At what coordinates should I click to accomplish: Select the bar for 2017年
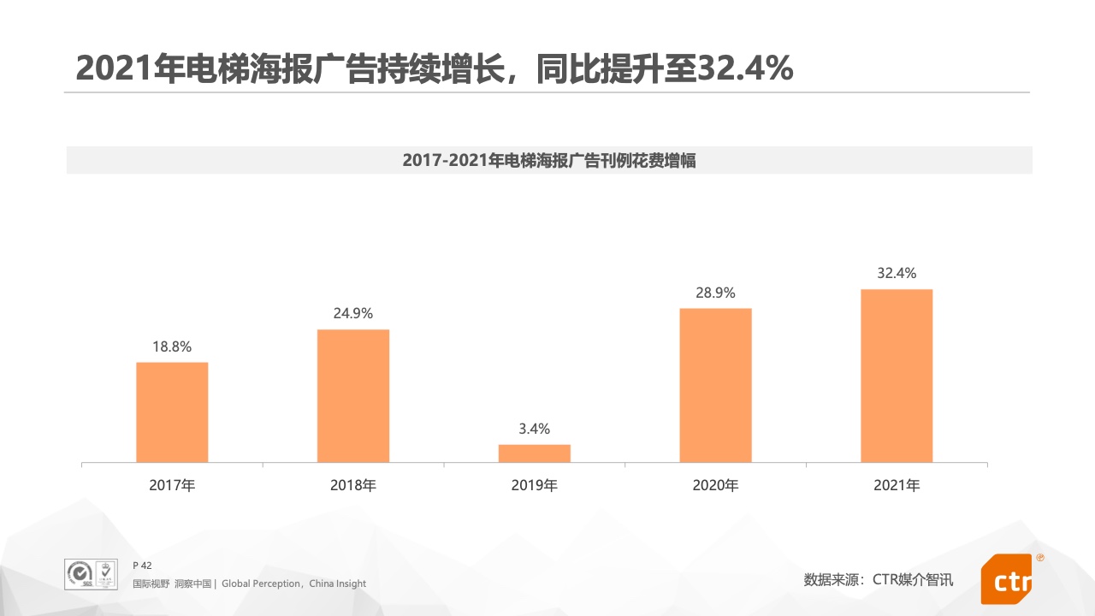(x=172, y=412)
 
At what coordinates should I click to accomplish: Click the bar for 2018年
(x=353, y=396)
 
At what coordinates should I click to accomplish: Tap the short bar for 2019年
(x=535, y=453)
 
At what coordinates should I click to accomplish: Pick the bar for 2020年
(x=716, y=385)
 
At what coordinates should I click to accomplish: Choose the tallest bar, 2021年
(x=897, y=376)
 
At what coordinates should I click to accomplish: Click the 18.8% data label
(x=172, y=346)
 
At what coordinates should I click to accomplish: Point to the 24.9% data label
(x=353, y=314)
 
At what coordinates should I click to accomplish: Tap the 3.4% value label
(x=535, y=429)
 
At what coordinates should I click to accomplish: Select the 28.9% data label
(x=715, y=293)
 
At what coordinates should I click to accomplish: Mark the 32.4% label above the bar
(x=897, y=274)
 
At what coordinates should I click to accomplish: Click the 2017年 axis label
(x=172, y=486)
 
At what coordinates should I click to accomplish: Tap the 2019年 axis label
(x=535, y=486)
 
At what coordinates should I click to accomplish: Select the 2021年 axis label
(x=897, y=486)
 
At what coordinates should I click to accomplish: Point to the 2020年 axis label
(x=716, y=486)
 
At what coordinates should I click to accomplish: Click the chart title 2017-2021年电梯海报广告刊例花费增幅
(x=549, y=160)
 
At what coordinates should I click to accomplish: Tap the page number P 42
(x=142, y=566)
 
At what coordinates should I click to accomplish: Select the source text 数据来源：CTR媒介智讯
(x=879, y=580)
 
